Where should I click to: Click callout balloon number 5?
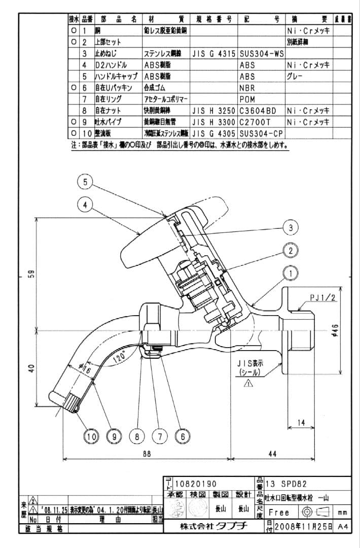pyautogui.click(x=86, y=181)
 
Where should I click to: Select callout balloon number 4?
pyautogui.click(x=86, y=204)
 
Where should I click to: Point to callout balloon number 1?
pyautogui.click(x=291, y=273)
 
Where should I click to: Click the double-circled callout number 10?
pyautogui.click(x=92, y=435)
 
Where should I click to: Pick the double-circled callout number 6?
pyautogui.click(x=182, y=435)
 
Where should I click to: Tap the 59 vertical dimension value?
pyautogui.click(x=29, y=275)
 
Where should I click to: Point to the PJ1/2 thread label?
pyautogui.click(x=323, y=298)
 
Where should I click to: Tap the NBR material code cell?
pyautogui.click(x=247, y=87)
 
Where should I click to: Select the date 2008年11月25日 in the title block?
pyautogui.click(x=303, y=527)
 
